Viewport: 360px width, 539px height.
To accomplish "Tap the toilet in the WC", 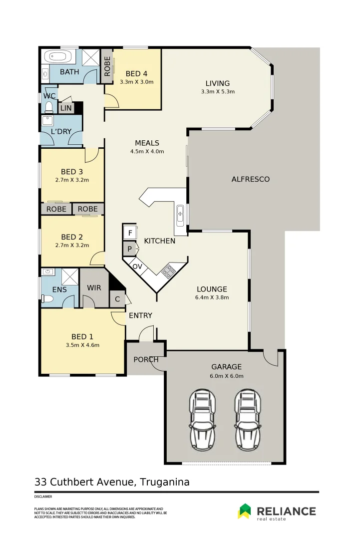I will point(49,107).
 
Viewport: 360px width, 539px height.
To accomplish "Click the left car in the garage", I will point(202,419).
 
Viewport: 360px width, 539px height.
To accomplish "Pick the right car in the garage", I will point(248,419).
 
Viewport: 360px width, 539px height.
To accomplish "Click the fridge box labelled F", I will point(130,233).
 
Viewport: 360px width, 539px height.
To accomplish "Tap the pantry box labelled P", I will point(130,249).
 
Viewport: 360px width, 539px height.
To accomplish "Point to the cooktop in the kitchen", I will point(168,271).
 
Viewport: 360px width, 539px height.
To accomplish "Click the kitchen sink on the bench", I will point(180,215).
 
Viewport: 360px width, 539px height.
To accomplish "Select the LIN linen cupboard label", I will point(65,108).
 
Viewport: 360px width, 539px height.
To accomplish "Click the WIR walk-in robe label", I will point(94,288).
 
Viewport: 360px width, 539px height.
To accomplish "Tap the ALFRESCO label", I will point(250,179).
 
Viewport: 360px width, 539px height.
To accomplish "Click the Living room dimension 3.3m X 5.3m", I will point(218,92).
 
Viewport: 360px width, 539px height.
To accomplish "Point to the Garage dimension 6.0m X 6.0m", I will point(226,376).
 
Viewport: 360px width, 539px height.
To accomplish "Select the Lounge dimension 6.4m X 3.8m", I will point(212,297).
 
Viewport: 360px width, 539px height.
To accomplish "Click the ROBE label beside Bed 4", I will point(107,65).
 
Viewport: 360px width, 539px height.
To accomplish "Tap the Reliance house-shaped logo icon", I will point(245,511).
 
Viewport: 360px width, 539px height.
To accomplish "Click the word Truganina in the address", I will point(165,482).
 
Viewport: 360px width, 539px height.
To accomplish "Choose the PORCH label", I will point(145,359).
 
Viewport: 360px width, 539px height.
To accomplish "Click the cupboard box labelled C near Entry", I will point(118,299).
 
